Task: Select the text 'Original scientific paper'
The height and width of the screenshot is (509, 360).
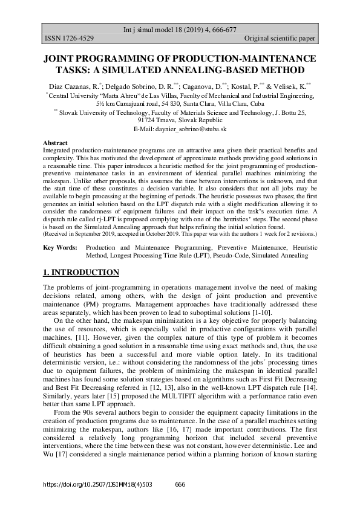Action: [x=281, y=39]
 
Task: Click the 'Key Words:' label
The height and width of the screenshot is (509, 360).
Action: [x=61, y=248]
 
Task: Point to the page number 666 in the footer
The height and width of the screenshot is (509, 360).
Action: [x=180, y=484]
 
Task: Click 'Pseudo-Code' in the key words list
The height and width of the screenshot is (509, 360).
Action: [x=224, y=256]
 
